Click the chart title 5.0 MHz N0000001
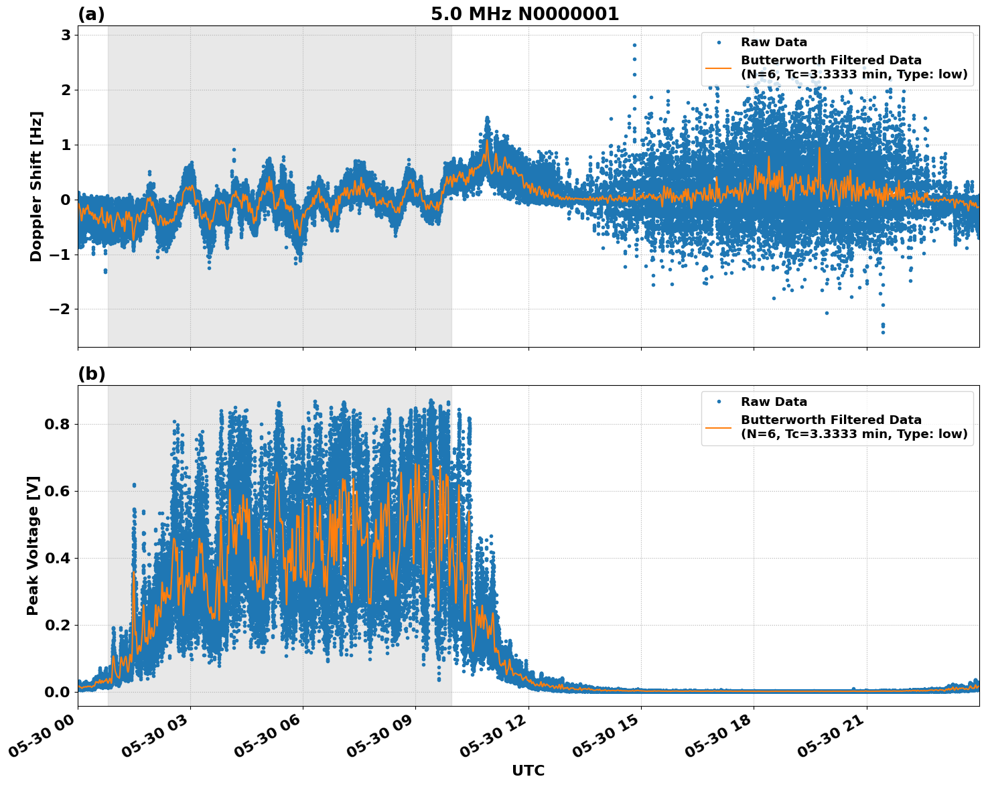524,14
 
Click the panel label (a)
91,14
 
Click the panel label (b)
91,374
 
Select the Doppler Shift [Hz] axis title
36,186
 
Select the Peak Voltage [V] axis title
33,545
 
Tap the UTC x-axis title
528,770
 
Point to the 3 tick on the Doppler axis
66,35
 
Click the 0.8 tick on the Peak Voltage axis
57,424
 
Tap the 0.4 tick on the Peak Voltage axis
57,558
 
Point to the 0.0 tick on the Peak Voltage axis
57,692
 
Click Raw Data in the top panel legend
774,42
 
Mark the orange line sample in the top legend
719,67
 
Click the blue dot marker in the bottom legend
719,402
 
